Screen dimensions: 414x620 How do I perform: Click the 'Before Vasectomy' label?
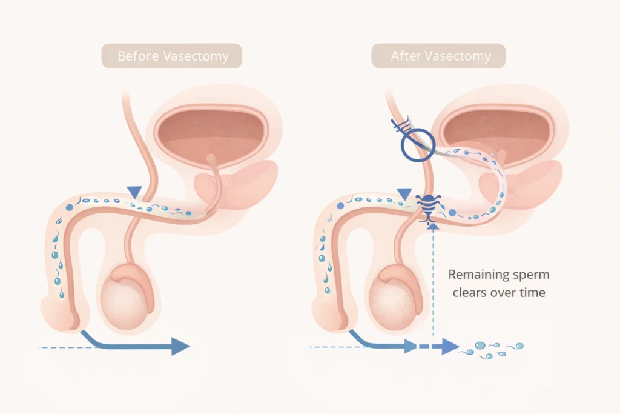[x=173, y=56]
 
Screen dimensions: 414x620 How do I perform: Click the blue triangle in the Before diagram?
[x=134, y=192]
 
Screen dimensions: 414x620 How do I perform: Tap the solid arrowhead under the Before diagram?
[x=180, y=347]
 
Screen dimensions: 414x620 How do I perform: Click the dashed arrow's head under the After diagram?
[x=449, y=347]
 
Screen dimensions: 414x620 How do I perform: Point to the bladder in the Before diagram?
[x=210, y=135]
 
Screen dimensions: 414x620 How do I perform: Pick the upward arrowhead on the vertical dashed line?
[x=431, y=225]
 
